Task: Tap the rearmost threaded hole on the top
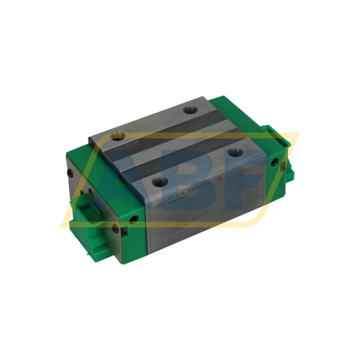[x=191, y=110]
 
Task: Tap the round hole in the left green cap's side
[x=117, y=230]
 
